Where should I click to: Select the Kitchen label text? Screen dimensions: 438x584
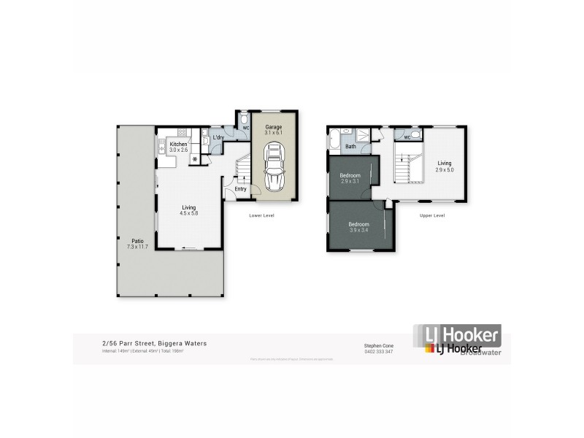tap(178, 145)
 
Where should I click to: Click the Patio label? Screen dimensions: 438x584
tap(137, 242)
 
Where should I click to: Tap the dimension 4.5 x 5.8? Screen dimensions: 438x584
tap(190, 213)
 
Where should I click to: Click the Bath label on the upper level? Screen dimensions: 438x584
tap(350, 146)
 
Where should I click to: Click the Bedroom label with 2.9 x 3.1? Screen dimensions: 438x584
tap(350, 176)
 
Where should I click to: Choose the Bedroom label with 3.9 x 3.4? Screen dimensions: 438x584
tap(358, 224)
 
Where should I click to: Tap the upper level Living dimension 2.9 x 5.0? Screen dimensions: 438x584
tap(445, 169)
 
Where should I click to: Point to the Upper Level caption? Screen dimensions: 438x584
tap(432, 215)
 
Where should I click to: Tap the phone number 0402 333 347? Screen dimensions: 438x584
tap(378, 351)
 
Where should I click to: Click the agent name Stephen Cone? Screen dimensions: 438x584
tap(378, 345)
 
